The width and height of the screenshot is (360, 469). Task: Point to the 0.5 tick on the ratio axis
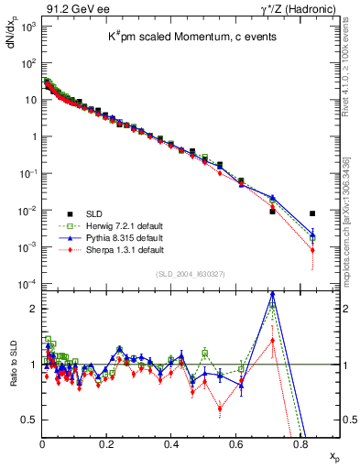click(x=31, y=420)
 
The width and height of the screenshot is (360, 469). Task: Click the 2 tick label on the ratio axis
click(x=34, y=309)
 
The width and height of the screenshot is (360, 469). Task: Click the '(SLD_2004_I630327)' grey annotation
click(x=191, y=274)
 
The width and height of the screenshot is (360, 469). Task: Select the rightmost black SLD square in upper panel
click(x=313, y=214)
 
